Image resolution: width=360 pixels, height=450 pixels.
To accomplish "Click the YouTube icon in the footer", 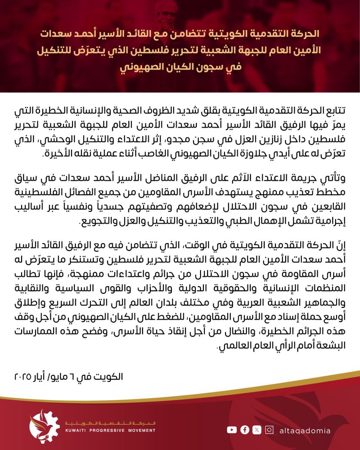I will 232,430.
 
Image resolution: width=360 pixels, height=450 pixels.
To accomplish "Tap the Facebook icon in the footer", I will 245,430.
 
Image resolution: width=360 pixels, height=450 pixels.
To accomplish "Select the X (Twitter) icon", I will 257,430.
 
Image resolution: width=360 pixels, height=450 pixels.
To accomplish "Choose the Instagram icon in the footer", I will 269,430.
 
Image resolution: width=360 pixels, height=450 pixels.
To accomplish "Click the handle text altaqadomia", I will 305,430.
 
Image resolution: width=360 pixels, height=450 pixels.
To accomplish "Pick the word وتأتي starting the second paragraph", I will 335,180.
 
